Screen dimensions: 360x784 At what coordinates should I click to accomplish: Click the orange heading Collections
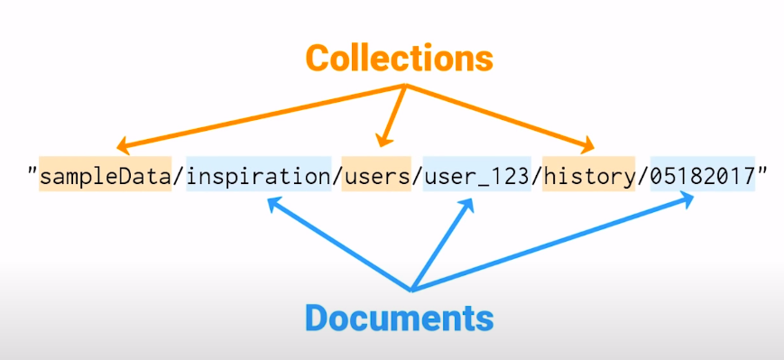(399, 57)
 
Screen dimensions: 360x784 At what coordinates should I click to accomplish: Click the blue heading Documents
(399, 318)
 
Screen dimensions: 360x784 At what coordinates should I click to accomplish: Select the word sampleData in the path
(106, 176)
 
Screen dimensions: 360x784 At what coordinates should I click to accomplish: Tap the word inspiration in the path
(258, 176)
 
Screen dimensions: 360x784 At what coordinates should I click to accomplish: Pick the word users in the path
(375, 176)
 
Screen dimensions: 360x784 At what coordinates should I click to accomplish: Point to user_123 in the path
(475, 176)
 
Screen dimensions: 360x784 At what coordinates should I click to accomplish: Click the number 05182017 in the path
(703, 176)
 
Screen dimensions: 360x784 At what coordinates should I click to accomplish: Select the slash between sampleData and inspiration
(180, 176)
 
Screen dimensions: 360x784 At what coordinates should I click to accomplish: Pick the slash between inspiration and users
(336, 176)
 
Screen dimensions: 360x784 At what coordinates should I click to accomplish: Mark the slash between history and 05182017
(643, 176)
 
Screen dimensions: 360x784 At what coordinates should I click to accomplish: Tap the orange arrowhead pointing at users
(383, 140)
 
